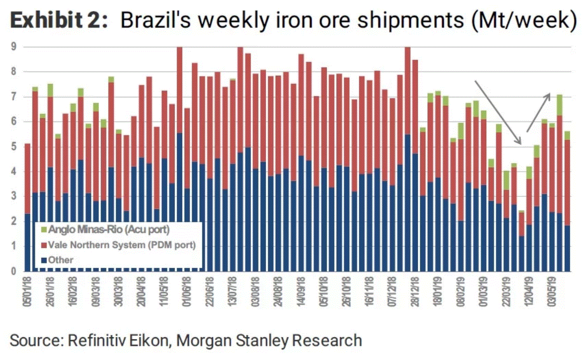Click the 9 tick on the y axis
(14, 47)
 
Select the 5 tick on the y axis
(14, 147)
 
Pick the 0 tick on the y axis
(14, 271)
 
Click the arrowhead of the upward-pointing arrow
(548, 95)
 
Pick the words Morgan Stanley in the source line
(232, 341)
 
